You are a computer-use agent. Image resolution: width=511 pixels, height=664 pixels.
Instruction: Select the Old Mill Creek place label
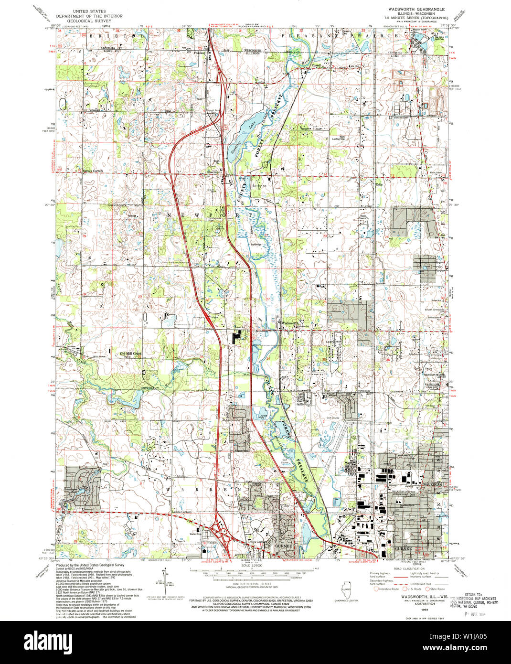click(x=130, y=353)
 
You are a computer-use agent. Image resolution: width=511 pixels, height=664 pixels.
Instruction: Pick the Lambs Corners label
click(x=181, y=514)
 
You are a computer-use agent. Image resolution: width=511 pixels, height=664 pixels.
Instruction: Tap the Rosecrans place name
click(x=212, y=173)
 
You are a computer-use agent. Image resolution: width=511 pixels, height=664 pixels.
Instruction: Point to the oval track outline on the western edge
click(x=63, y=104)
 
